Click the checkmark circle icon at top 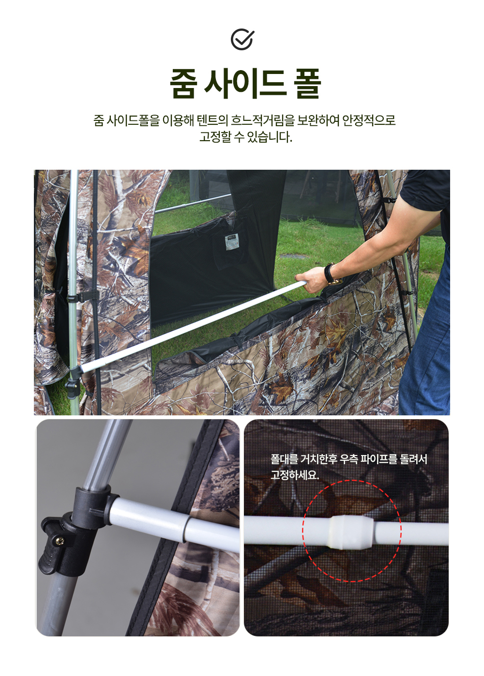coord(242,39)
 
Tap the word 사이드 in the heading coord(245,84)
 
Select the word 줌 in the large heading coord(183,84)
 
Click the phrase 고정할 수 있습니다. coord(245,137)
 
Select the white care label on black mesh coord(232,241)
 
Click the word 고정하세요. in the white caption coord(295,475)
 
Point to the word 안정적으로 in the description coord(369,120)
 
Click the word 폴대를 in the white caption coord(284,459)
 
